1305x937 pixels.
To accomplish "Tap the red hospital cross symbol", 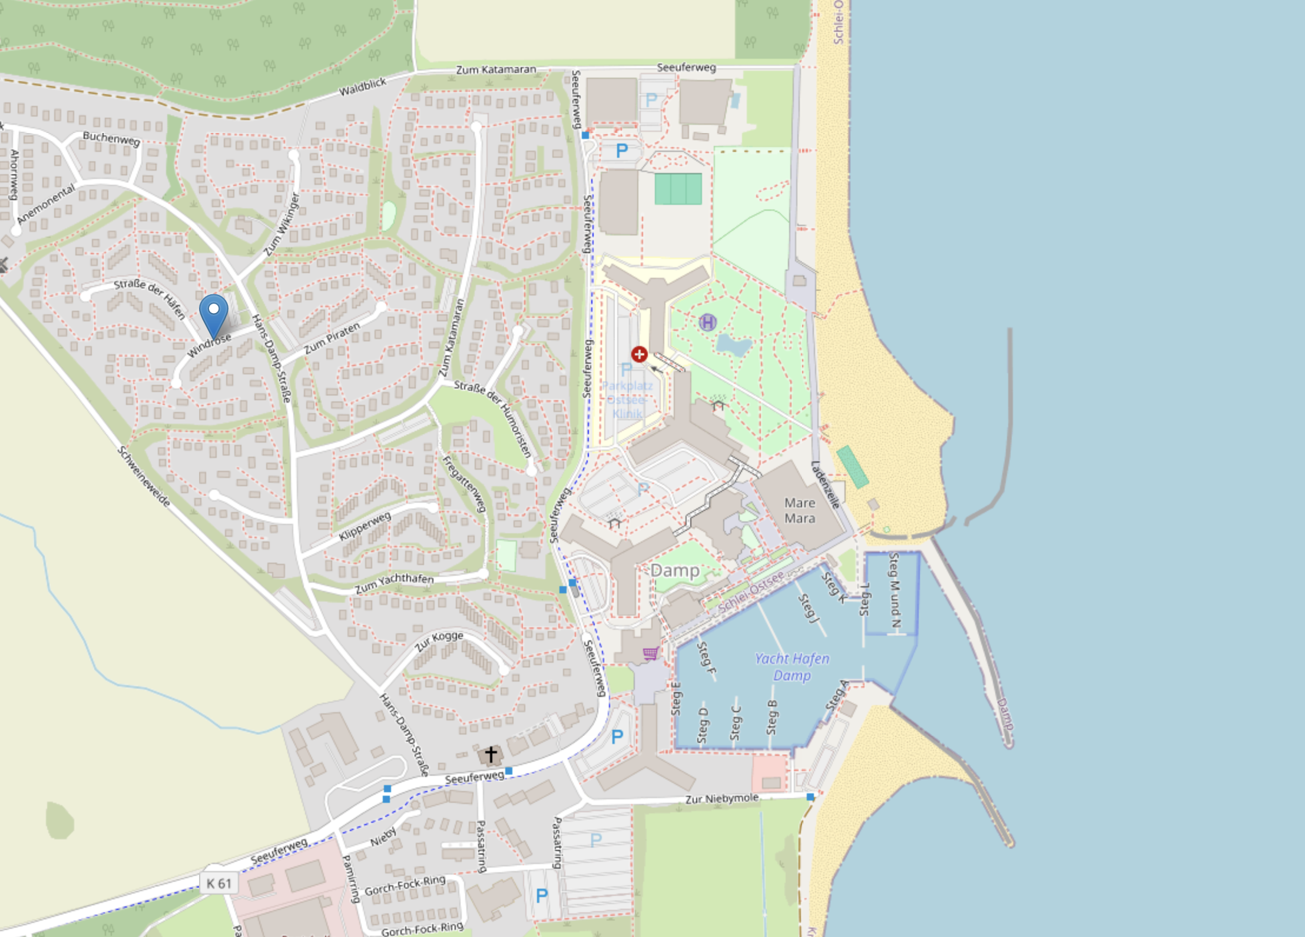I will [639, 354].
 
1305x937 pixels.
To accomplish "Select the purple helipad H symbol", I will [707, 323].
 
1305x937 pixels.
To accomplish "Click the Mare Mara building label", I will [799, 511].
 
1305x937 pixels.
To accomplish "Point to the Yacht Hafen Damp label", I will [792, 667].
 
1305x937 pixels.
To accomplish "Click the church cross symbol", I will [491, 754].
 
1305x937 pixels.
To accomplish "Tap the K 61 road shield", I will [218, 883].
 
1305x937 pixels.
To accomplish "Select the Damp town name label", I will [675, 570].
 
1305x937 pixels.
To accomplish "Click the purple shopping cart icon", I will [650, 653].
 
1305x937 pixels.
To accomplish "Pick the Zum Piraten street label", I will [332, 338].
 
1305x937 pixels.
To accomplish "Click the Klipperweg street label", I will [365, 526].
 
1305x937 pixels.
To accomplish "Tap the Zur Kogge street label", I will [439, 641].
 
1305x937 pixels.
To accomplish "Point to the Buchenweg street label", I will [111, 138].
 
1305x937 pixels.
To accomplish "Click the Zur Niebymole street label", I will [721, 799].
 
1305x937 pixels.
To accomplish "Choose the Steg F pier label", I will [706, 658].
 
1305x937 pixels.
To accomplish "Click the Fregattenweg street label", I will [465, 483].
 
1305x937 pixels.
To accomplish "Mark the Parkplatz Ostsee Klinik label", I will [627, 400].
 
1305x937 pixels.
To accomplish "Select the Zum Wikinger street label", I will [281, 225].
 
